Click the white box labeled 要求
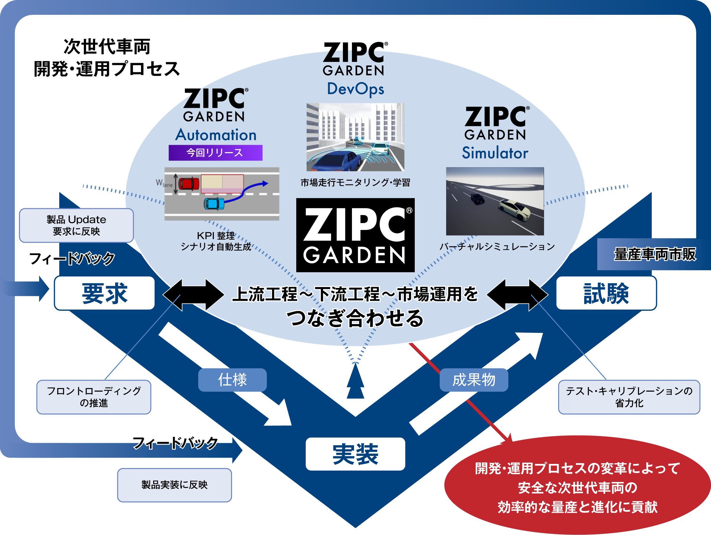click(x=105, y=293)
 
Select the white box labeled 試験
click(x=606, y=293)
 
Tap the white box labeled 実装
click(x=355, y=454)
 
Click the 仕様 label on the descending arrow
click(x=232, y=380)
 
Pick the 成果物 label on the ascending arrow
click(x=473, y=380)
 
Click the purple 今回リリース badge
click(x=215, y=153)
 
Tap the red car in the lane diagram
click(x=189, y=184)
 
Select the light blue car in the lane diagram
click(x=214, y=204)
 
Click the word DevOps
click(x=355, y=89)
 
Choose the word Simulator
click(x=495, y=153)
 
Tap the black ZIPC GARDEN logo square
click(x=355, y=235)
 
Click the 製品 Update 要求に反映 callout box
click(x=76, y=225)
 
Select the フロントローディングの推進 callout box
click(x=94, y=397)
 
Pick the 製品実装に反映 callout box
click(x=174, y=485)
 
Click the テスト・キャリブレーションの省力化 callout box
click(x=629, y=397)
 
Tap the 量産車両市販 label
click(x=654, y=254)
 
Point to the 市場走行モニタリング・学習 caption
click(x=355, y=182)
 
